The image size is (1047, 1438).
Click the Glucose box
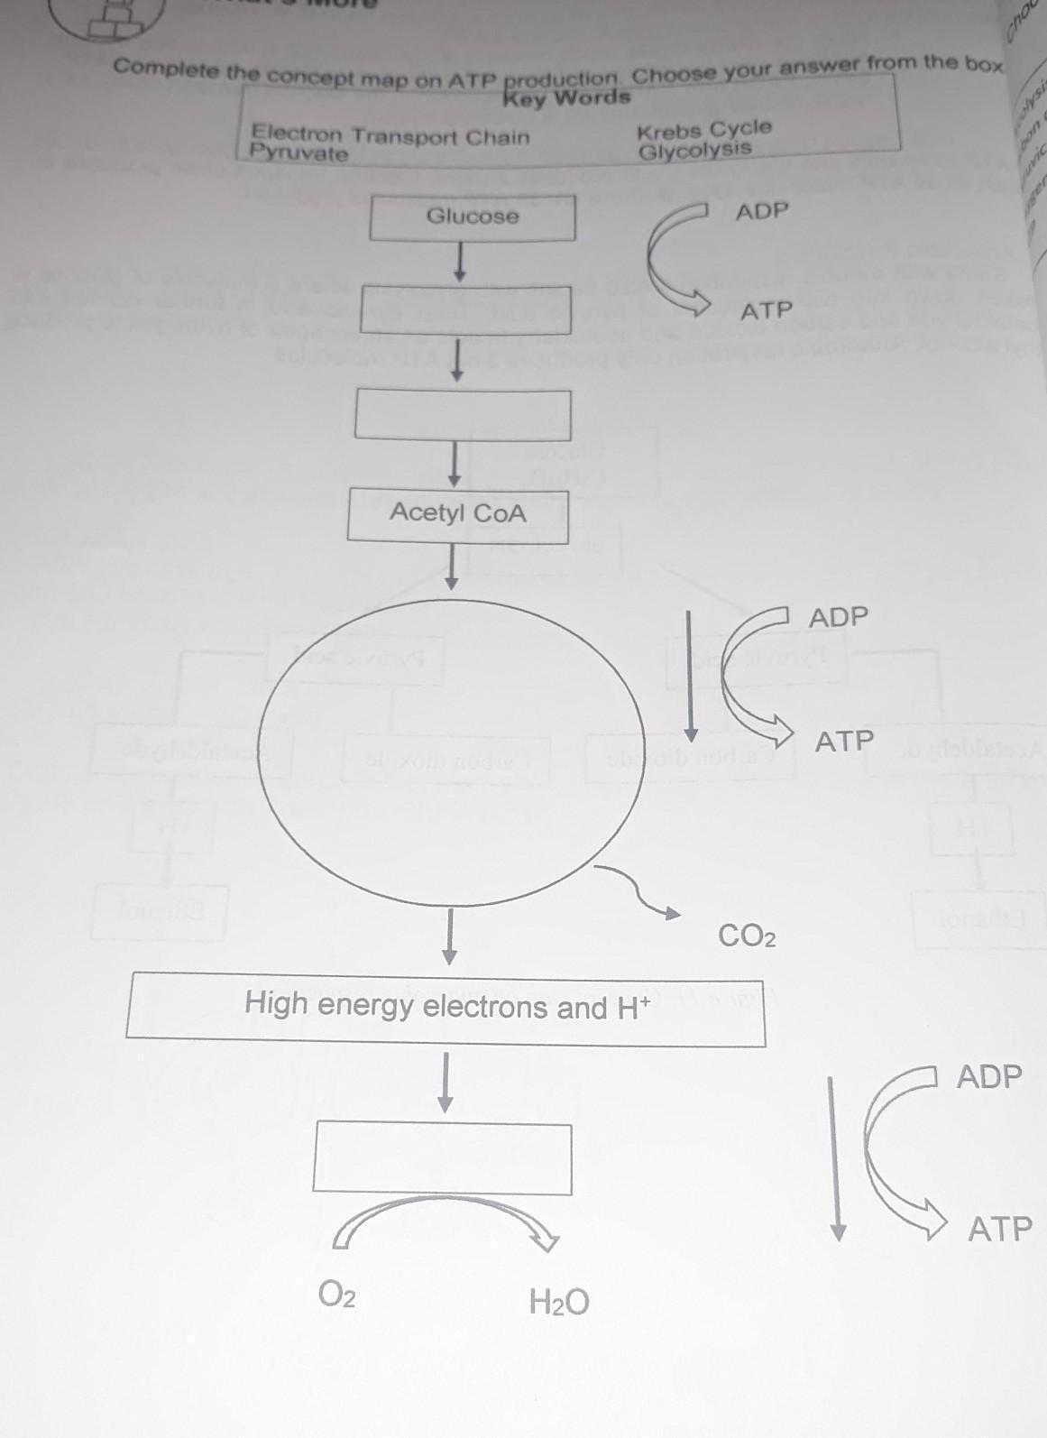473,217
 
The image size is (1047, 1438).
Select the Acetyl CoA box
457,514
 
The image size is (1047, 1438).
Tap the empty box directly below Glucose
466,309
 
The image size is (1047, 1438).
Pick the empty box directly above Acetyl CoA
463,414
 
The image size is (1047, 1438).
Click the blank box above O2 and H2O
442,1158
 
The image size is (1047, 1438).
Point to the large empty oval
451,751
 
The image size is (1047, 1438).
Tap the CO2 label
747,936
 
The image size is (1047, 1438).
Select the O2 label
336,1296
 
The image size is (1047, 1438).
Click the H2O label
559,1302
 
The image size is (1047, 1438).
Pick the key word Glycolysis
694,150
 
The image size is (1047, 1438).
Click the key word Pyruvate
298,153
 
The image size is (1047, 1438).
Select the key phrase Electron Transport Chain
390,136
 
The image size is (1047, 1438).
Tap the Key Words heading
566,97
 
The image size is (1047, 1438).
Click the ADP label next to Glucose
762,211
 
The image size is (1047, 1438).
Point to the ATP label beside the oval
844,742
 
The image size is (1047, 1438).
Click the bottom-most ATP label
999,1229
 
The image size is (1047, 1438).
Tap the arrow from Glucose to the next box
461,262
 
